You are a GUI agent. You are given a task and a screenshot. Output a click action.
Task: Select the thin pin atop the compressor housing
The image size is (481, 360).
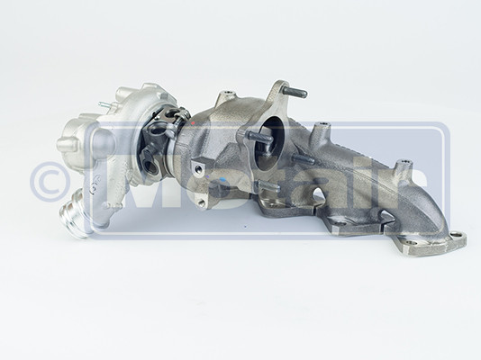(103, 106)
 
